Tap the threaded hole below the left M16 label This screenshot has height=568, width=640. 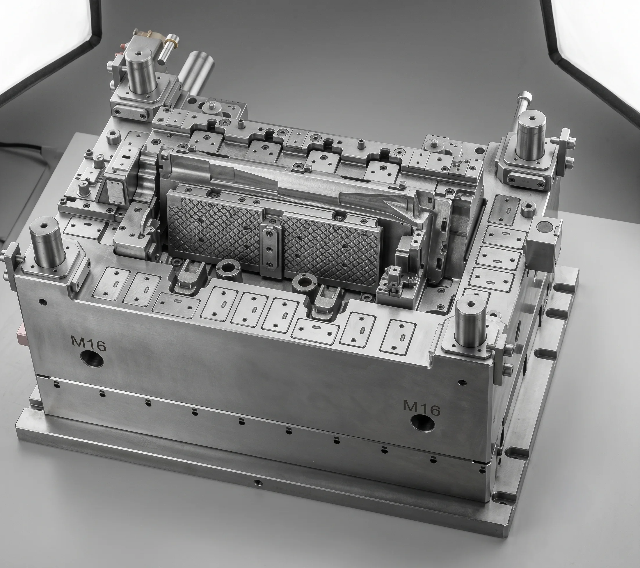[x=92, y=358]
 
